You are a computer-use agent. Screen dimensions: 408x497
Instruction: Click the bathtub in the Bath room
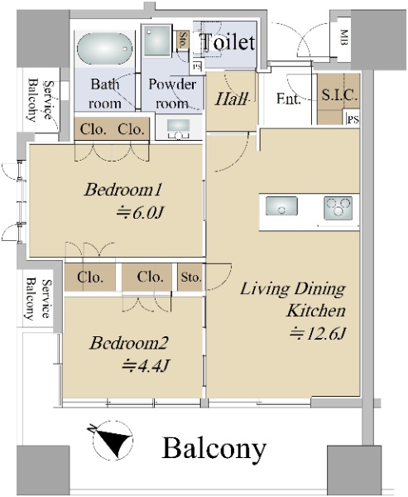coord(104,49)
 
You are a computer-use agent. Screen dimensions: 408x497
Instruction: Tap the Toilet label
coord(228,41)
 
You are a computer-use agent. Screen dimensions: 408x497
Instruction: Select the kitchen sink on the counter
coord(281,205)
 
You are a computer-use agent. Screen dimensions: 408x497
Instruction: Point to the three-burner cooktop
coord(338,208)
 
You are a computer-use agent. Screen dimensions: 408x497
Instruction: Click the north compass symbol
coord(112,441)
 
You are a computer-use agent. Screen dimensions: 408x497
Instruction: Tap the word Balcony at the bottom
coord(214,448)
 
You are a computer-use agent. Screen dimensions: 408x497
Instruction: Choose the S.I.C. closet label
coord(339,94)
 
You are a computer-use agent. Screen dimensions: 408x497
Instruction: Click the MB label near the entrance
coord(344,37)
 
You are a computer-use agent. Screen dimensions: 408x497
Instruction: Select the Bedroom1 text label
coord(123,190)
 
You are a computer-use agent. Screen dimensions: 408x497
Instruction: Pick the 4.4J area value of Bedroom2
coord(146,365)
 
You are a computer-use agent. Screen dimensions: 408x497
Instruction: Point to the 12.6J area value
coord(317,334)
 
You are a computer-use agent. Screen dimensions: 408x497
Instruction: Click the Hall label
coord(231,99)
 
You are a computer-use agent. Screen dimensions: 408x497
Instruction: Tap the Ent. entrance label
coord(288,99)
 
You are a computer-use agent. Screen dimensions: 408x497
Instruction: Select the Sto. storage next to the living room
coord(190,277)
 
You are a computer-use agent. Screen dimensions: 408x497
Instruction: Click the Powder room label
coord(171,94)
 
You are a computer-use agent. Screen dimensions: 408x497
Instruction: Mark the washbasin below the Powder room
coord(178,128)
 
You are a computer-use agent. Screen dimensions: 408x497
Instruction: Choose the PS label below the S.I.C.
coord(353,120)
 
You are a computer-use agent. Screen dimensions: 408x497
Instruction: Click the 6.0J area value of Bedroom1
coord(139,213)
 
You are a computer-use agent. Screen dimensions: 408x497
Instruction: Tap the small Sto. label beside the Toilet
coord(183,39)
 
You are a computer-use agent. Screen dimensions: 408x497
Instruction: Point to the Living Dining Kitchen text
coord(293,300)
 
